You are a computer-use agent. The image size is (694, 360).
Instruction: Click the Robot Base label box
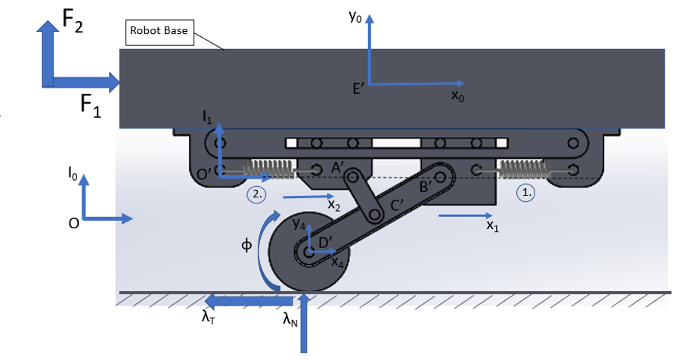click(x=160, y=33)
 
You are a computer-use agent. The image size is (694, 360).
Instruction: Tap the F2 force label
click(x=73, y=20)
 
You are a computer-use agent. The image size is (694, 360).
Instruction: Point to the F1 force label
click(x=91, y=107)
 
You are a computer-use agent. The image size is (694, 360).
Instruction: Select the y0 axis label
click(x=355, y=17)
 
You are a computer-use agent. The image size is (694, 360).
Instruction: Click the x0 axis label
click(x=457, y=95)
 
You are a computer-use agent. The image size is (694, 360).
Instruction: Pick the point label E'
click(x=358, y=89)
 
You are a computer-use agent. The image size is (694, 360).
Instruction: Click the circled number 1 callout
click(x=526, y=193)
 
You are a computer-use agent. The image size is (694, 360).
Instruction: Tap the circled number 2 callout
click(x=256, y=194)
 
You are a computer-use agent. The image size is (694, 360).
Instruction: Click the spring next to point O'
click(x=268, y=169)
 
